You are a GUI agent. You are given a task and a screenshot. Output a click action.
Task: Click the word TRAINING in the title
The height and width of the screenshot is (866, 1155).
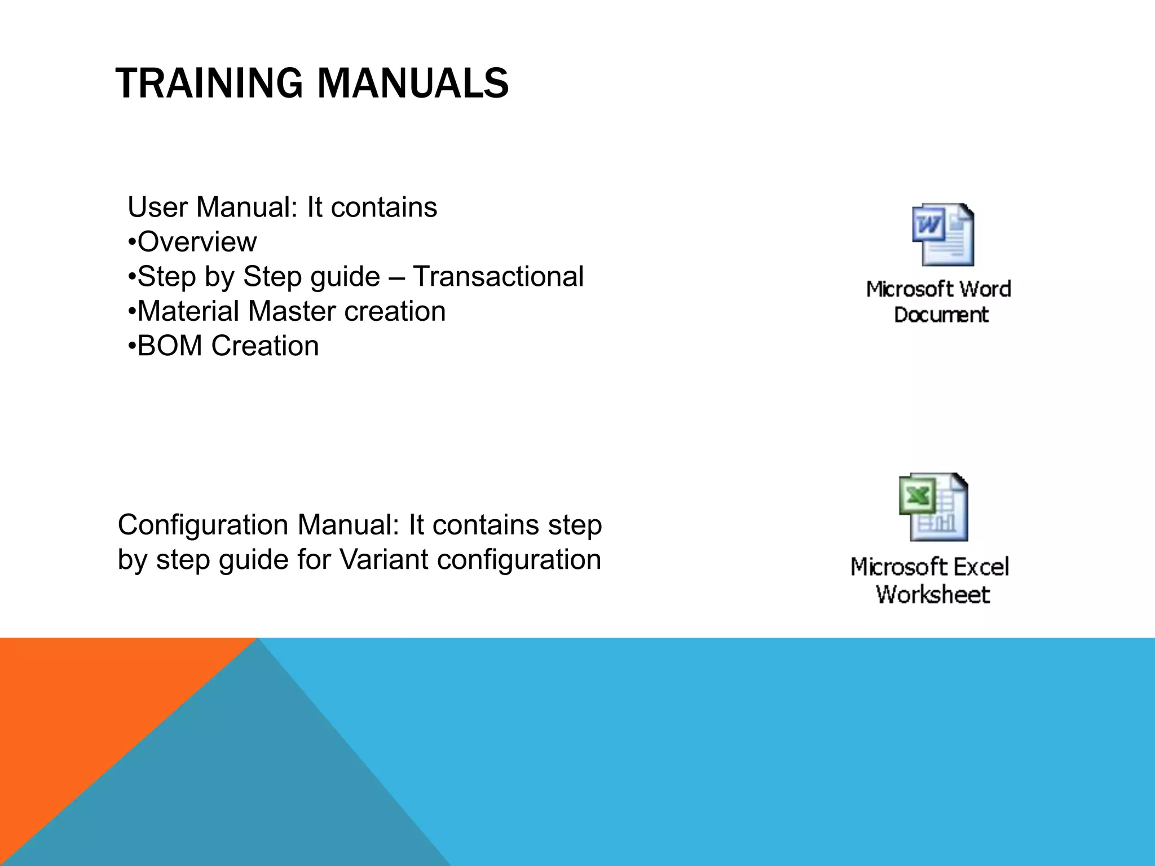209,83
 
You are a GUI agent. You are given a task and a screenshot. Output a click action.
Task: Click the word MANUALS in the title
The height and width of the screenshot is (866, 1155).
413,83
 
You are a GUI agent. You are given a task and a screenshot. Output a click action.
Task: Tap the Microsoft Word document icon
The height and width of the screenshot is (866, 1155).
943,235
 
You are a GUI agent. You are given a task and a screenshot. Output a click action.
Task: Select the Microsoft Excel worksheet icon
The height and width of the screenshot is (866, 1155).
933,507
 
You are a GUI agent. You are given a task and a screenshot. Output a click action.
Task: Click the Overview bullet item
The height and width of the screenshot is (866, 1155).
196,242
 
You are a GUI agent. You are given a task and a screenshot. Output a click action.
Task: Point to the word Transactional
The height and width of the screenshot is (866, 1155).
498,277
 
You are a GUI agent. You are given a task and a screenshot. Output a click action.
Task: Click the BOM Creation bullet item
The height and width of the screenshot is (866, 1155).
227,346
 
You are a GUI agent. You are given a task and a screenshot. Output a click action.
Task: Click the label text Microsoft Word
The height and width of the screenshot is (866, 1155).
938,289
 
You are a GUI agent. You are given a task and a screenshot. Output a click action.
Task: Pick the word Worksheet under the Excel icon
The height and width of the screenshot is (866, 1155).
933,594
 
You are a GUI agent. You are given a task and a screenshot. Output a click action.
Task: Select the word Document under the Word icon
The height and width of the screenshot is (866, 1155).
941,315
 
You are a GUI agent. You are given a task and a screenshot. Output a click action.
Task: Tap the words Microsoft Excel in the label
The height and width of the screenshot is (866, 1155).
929,567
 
